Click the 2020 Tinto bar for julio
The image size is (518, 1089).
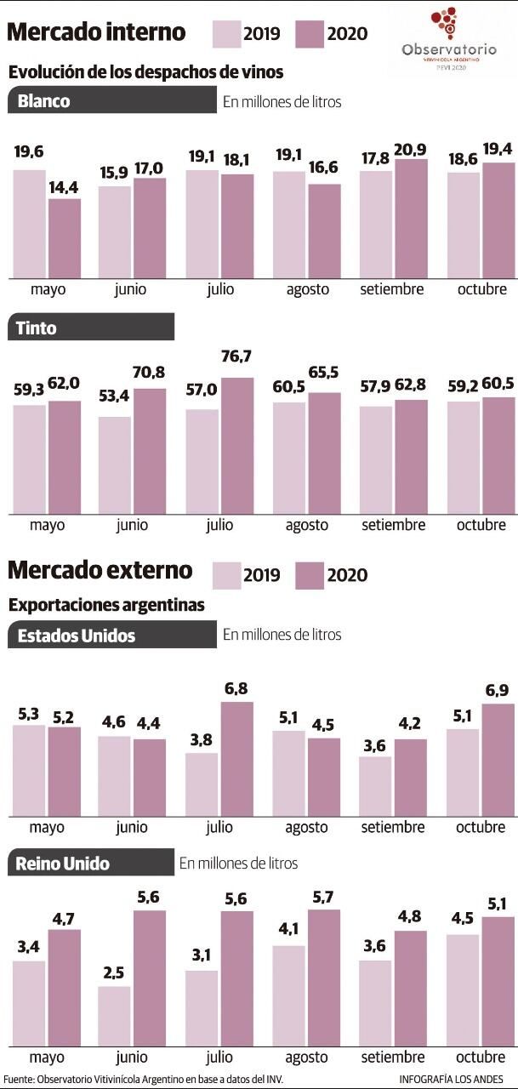(237, 446)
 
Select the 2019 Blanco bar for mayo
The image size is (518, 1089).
(30, 224)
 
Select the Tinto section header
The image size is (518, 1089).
(90, 328)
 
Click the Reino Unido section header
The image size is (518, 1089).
(90, 864)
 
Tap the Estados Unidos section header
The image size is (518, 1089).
(111, 635)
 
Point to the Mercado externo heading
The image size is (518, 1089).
(100, 569)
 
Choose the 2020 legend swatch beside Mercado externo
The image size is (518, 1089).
(310, 575)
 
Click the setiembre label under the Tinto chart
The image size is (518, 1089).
(393, 525)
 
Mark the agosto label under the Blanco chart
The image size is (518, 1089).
(306, 288)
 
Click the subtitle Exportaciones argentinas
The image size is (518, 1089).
(106, 606)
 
